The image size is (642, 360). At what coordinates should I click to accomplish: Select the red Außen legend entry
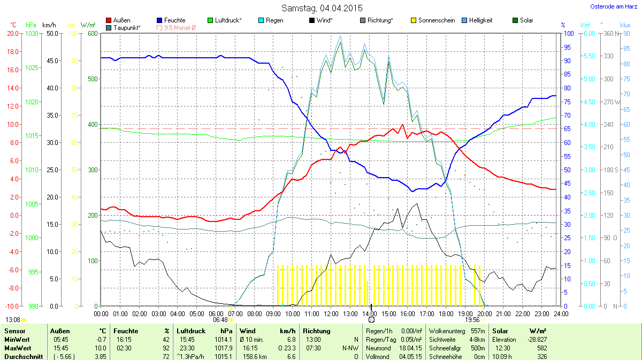(x=121, y=20)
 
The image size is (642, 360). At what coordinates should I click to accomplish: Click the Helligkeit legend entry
(x=480, y=20)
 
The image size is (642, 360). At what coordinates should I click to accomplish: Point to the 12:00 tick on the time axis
(x=331, y=313)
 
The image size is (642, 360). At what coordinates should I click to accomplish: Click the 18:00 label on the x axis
(x=446, y=313)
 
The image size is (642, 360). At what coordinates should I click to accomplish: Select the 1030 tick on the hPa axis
(x=33, y=33)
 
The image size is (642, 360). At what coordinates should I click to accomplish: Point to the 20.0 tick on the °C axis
(x=13, y=33)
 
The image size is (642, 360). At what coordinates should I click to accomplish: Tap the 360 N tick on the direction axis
(x=609, y=33)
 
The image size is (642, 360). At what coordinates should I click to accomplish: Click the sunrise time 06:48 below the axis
(x=220, y=320)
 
